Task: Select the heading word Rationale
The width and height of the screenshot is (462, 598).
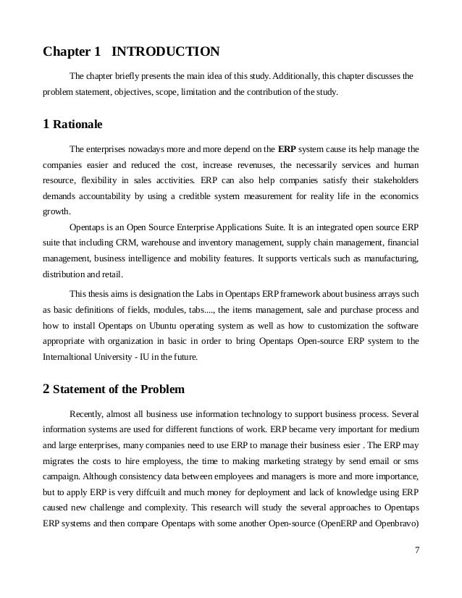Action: pyautogui.click(x=77, y=124)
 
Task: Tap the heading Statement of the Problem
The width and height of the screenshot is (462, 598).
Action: pyautogui.click(x=119, y=389)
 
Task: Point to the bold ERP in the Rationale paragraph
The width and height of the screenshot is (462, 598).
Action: pyautogui.click(x=286, y=149)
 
